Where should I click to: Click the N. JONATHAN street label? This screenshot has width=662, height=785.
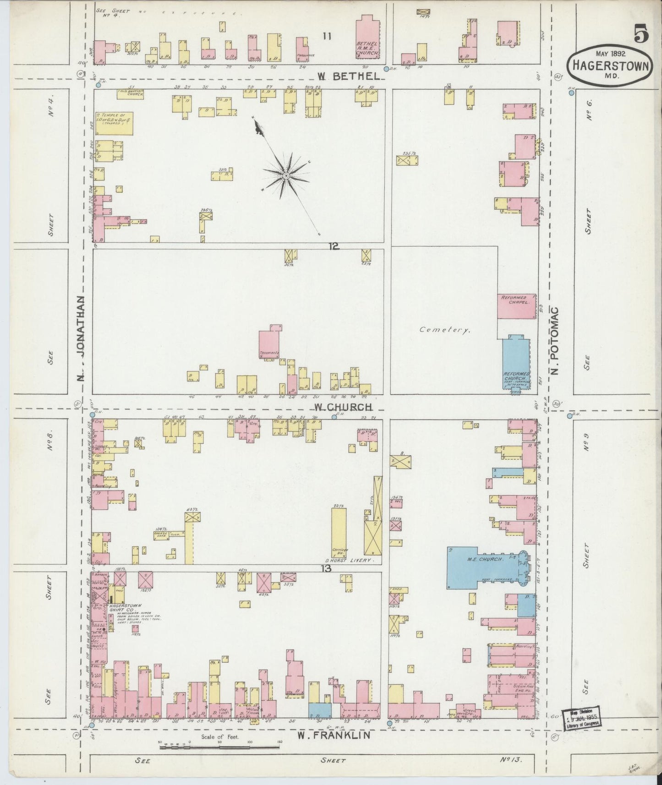click(x=81, y=338)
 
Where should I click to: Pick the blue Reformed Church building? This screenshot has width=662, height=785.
click(x=516, y=364)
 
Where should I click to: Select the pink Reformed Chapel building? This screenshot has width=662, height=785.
click(x=516, y=306)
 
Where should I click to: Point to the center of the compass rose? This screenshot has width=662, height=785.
click(x=285, y=175)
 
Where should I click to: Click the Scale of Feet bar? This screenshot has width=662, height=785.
click(x=219, y=747)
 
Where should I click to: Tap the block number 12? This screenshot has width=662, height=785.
click(x=333, y=246)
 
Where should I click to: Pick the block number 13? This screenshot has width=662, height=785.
click(x=326, y=568)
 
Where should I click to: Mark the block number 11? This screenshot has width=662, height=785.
click(x=327, y=36)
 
